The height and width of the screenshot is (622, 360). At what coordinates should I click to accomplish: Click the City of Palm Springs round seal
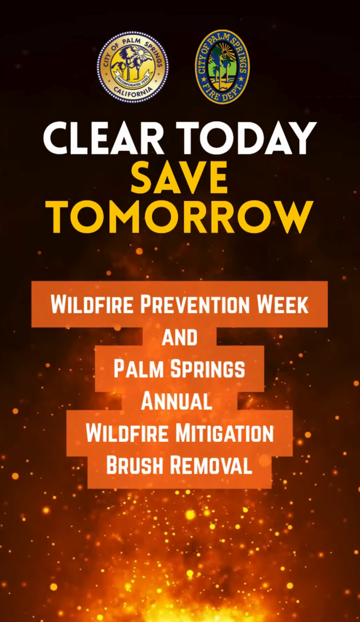132,67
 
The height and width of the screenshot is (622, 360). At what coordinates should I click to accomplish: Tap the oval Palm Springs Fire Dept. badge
222,66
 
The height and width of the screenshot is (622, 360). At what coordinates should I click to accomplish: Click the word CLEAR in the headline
103,138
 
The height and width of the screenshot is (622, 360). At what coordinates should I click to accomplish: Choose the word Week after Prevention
283,305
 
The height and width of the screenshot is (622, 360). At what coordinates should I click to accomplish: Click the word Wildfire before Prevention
93,305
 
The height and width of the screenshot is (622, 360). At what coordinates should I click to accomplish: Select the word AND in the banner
179,337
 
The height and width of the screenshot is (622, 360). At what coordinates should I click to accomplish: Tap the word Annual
176,401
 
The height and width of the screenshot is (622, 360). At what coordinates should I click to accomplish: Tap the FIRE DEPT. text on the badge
222,93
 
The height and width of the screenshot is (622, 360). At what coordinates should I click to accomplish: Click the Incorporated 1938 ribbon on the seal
133,77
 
